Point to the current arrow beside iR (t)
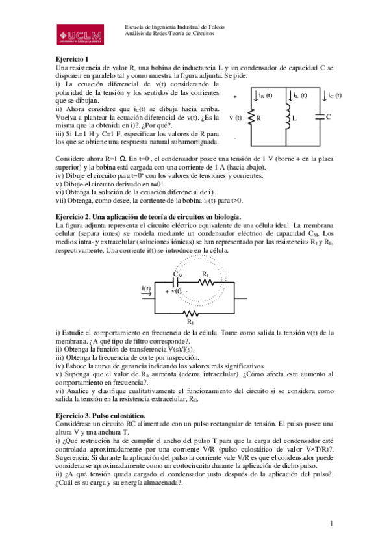point(255,97)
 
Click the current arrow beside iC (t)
point(324,97)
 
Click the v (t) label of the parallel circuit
point(235,118)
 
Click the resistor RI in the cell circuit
point(205,282)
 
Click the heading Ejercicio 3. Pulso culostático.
point(101,415)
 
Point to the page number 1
point(331,524)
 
